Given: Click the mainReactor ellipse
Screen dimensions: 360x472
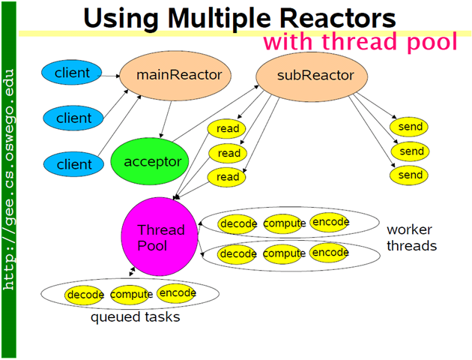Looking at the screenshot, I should tap(178, 75).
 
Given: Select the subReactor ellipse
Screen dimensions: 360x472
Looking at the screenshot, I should tap(305, 76).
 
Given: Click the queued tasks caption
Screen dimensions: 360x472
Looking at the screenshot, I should tap(136, 317).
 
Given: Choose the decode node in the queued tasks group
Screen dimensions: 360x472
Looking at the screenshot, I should tap(85, 295).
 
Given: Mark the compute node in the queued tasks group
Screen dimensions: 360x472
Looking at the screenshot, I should tap(131, 295).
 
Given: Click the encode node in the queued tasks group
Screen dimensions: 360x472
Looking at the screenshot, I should tap(178, 293).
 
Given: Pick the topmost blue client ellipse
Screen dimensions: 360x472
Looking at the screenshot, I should tap(73, 73).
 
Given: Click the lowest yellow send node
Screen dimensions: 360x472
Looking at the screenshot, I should tap(411, 175).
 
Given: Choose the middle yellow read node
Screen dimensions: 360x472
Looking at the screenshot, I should tap(228, 153).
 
